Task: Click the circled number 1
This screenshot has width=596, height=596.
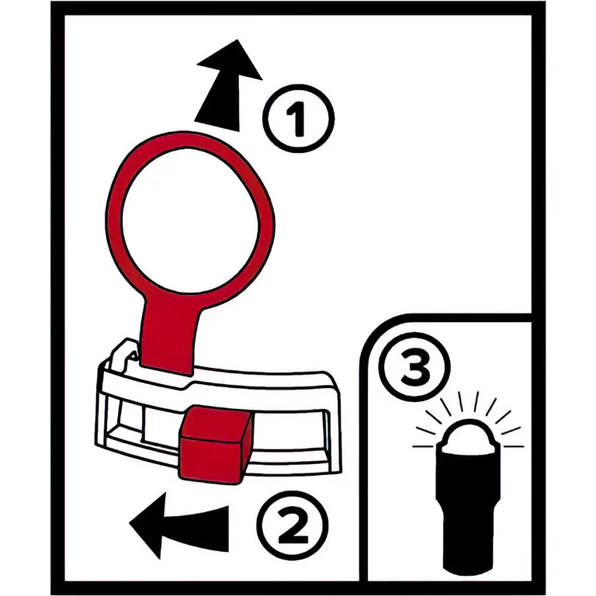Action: pyautogui.click(x=298, y=118)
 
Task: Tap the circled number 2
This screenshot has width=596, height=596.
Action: pyautogui.click(x=293, y=525)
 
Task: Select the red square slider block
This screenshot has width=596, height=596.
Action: pyautogui.click(x=215, y=445)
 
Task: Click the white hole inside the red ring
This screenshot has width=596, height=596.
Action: pyautogui.click(x=190, y=220)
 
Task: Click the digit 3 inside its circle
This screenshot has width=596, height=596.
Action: pyautogui.click(x=415, y=367)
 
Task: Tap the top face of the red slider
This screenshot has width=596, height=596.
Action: pyautogui.click(x=217, y=422)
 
